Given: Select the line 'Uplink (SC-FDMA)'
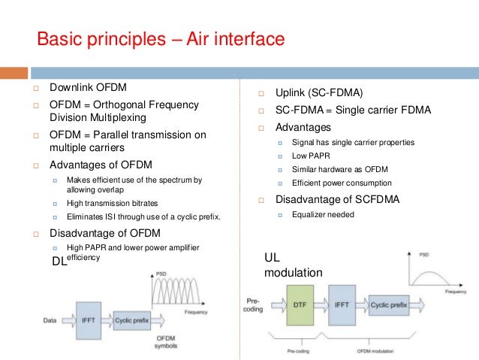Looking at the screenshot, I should point(318,93).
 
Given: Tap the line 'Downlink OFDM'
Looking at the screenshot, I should point(86,88).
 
